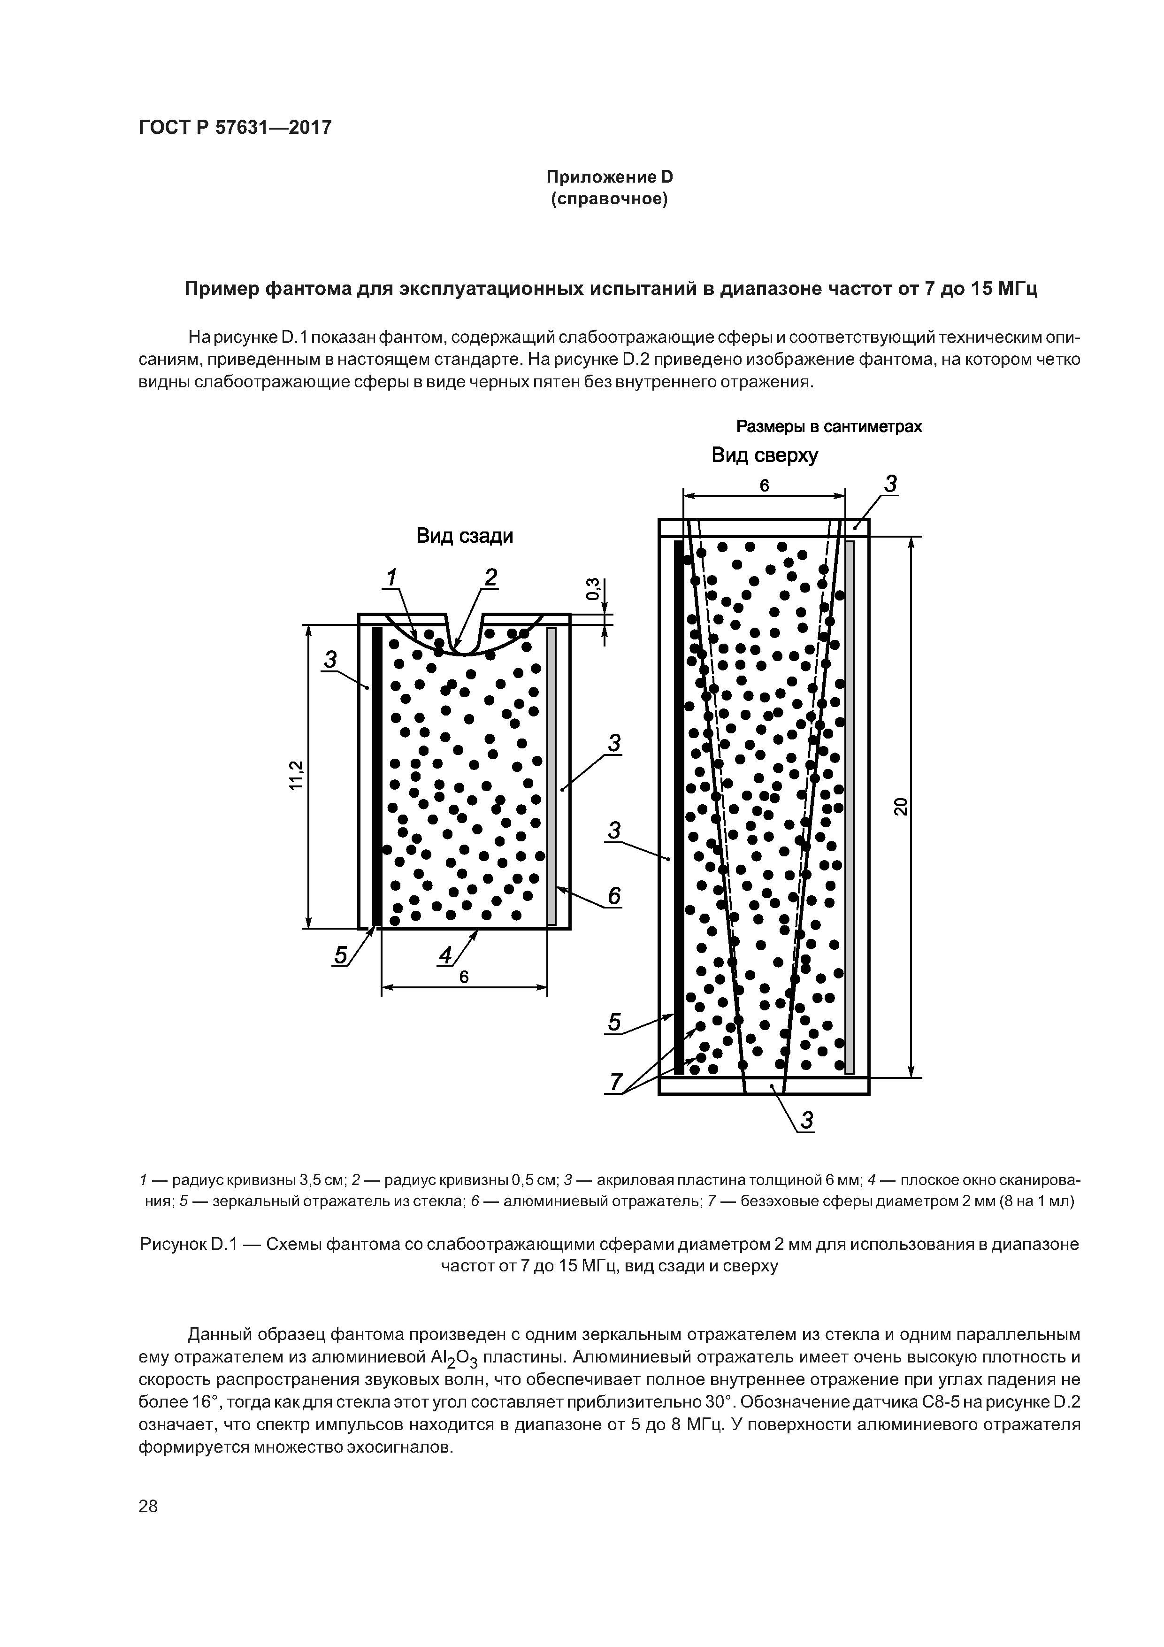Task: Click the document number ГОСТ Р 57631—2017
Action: pos(235,128)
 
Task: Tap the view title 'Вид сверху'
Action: pos(765,455)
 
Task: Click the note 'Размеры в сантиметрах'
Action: pos(829,427)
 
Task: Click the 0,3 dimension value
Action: pos(592,589)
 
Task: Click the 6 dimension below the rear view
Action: pos(464,977)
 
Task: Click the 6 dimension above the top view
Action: pos(765,485)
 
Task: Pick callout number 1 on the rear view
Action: pos(391,577)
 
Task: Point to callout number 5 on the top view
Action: pos(614,1022)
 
